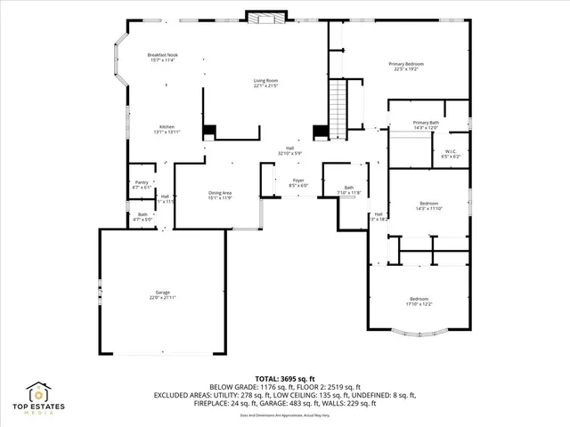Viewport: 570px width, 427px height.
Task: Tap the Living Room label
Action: (266, 80)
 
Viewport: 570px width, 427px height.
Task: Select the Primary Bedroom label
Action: (405, 64)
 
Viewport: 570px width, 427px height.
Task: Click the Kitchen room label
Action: (167, 126)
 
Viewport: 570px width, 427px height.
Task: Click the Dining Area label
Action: (220, 193)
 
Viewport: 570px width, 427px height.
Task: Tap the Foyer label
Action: (298, 181)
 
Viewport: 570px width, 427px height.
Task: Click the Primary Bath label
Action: (426, 122)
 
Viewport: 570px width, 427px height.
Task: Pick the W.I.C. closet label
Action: (452, 151)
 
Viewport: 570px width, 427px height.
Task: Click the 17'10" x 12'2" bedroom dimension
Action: (419, 304)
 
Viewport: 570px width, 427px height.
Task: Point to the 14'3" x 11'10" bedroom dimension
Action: (429, 209)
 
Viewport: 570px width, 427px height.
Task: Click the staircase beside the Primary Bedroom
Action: (338, 105)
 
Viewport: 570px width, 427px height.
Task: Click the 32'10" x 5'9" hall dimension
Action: (290, 154)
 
